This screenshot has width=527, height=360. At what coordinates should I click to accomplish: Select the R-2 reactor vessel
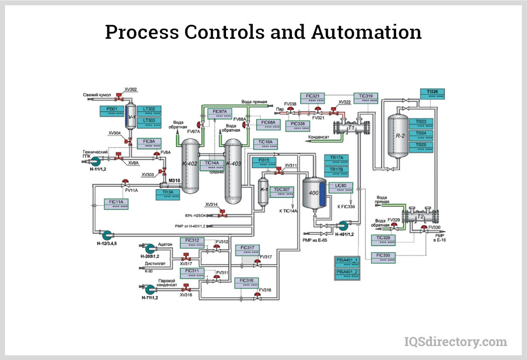pos(401,135)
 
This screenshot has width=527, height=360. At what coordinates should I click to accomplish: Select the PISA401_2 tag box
pos(347,274)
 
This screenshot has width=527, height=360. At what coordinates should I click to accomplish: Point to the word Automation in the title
pos(366,32)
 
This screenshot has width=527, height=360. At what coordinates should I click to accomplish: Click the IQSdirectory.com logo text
pos(456,342)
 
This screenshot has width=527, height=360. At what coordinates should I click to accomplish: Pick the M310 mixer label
pos(174,180)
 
